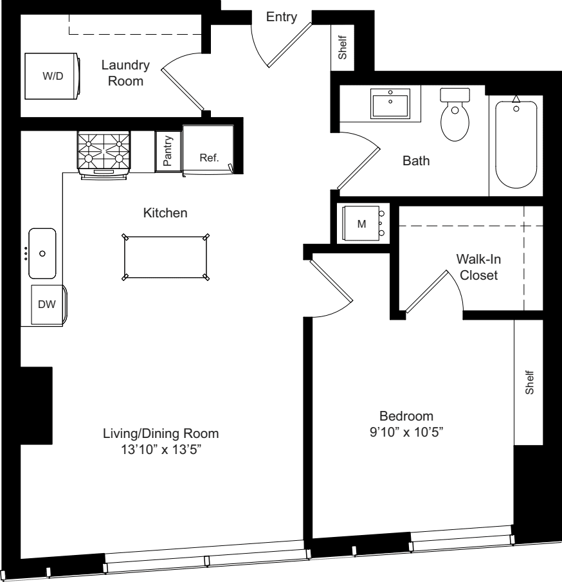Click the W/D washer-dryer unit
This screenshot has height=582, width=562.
(x=52, y=76)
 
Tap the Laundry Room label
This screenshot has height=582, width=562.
(x=125, y=73)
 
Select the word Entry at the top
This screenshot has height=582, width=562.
(x=282, y=17)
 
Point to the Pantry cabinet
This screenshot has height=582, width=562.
(x=168, y=151)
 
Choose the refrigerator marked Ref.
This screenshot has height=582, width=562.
(x=208, y=150)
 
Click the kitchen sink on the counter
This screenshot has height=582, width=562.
(x=42, y=253)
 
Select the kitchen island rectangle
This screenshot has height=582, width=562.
(x=165, y=257)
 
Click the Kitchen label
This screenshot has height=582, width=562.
(x=165, y=213)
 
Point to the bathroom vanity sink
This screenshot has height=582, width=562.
(x=390, y=104)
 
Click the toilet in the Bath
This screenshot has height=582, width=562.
(x=455, y=114)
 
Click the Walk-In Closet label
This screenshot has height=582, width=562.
(x=478, y=267)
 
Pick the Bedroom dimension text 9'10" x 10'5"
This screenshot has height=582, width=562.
(x=406, y=432)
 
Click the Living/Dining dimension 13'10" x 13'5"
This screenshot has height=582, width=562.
(x=161, y=450)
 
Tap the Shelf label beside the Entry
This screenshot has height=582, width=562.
(x=342, y=47)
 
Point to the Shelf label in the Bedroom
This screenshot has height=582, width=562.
(x=529, y=382)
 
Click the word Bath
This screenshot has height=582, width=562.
(x=416, y=161)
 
